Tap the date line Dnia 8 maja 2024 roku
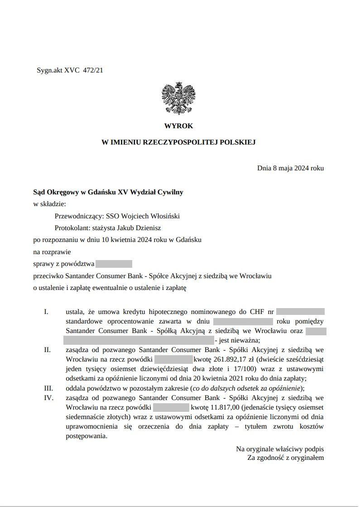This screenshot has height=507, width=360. tap(290, 168)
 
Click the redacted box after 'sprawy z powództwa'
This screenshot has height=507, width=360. tap(114, 264)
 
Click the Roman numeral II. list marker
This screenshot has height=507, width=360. tap(47, 350)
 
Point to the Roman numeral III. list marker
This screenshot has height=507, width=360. tap(48, 388)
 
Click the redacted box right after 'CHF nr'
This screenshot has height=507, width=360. tap(300, 312)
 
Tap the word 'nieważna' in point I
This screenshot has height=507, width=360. tap(246, 340)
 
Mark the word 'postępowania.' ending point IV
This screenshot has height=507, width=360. tap(87, 436)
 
